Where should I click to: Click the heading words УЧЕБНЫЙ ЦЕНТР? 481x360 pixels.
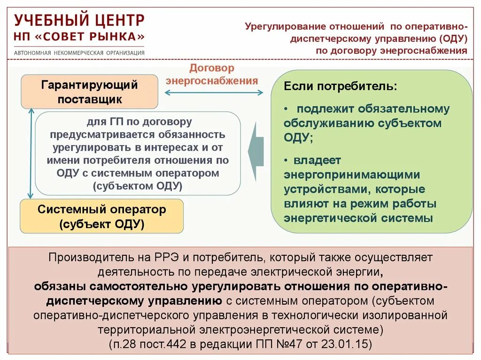point(79,20)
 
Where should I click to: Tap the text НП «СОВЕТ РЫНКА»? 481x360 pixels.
point(79,37)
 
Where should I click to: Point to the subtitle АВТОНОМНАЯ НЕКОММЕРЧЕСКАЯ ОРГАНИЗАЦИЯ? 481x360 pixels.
point(79,53)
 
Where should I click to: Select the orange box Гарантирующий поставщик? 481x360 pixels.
point(89,92)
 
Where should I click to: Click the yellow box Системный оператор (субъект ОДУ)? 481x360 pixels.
point(101,216)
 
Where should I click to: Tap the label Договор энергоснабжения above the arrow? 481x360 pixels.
point(212,74)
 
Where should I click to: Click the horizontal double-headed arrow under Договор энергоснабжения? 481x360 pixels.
point(214,93)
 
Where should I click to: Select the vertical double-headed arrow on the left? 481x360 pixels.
point(31,153)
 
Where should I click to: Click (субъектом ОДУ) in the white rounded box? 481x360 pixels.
point(138,185)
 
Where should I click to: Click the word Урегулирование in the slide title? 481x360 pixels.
point(284,26)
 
